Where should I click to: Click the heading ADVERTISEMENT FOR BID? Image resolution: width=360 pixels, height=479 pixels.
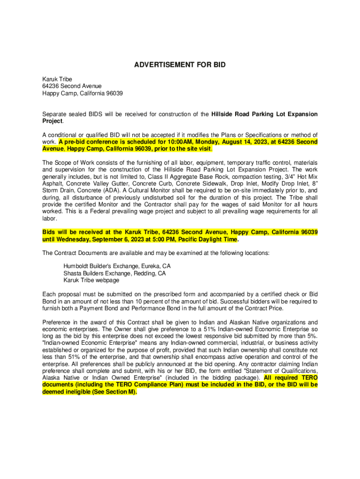point(180,65)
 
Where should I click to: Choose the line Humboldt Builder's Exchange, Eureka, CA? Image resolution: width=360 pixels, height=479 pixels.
point(117,266)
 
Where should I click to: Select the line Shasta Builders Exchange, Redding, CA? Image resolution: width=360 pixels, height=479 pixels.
point(115,273)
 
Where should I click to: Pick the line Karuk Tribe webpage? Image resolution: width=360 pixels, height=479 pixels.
point(91,280)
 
